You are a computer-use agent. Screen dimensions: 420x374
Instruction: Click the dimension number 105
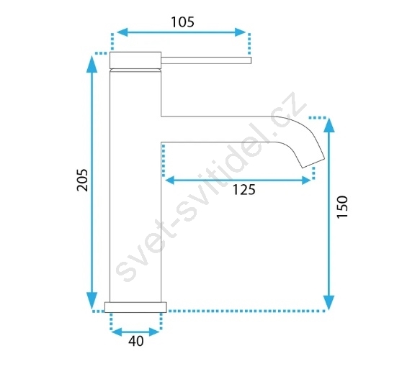pos(182,22)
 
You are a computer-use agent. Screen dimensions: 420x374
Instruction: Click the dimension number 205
pos(82,180)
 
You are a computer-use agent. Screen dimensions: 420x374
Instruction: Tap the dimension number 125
pos(243,190)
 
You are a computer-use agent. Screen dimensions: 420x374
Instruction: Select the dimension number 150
pos(342,207)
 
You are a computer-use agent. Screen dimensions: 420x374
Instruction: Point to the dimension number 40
pos(136,341)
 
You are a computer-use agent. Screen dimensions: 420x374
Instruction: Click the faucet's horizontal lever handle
pos(206,60)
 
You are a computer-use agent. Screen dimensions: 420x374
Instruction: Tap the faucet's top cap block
pos(135,60)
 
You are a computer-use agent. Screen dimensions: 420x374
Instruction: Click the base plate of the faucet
pos(135,307)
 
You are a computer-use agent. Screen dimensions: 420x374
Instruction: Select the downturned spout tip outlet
pos(313,163)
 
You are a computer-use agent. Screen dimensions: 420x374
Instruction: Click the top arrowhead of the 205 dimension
pos(92,64)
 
